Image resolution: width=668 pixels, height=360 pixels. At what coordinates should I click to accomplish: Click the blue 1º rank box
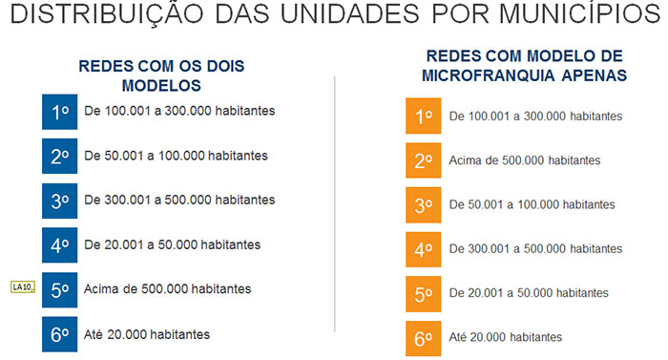pyautogui.click(x=59, y=112)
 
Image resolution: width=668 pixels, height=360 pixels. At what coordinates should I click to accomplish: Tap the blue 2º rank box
pyautogui.click(x=59, y=156)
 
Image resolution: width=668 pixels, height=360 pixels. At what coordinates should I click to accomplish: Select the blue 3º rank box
pyautogui.click(x=59, y=201)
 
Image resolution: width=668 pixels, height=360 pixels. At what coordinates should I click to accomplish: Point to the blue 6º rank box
pyautogui.click(x=59, y=334)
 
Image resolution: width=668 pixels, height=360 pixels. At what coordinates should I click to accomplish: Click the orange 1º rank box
pyautogui.click(x=424, y=116)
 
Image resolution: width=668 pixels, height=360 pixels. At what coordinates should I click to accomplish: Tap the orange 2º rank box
pyautogui.click(x=424, y=160)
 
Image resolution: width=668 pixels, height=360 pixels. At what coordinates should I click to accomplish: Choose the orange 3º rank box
pyautogui.click(x=424, y=204)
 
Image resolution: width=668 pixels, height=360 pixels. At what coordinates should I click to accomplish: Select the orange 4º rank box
pyautogui.click(x=424, y=249)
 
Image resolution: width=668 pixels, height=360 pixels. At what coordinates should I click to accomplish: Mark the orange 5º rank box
pyautogui.click(x=424, y=293)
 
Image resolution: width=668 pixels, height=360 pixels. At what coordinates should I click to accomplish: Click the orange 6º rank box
pyautogui.click(x=424, y=337)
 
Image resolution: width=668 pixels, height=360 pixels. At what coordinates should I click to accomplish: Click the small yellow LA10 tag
pyautogui.click(x=23, y=286)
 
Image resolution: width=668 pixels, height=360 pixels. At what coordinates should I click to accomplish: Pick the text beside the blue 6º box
pyautogui.click(x=147, y=334)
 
